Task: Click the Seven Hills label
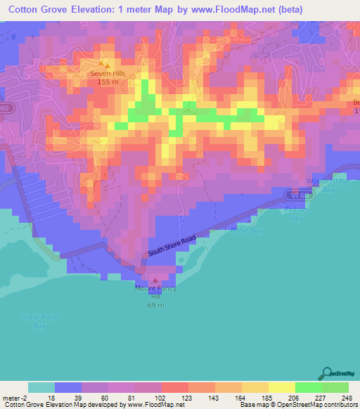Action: pos(107,73)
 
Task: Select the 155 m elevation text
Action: pos(107,82)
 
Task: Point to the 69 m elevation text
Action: pos(155,305)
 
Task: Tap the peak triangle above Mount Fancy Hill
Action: pos(155,280)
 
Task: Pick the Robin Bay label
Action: pos(247,230)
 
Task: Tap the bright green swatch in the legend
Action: pos(309,387)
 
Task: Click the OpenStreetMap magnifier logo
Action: pos(326,372)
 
